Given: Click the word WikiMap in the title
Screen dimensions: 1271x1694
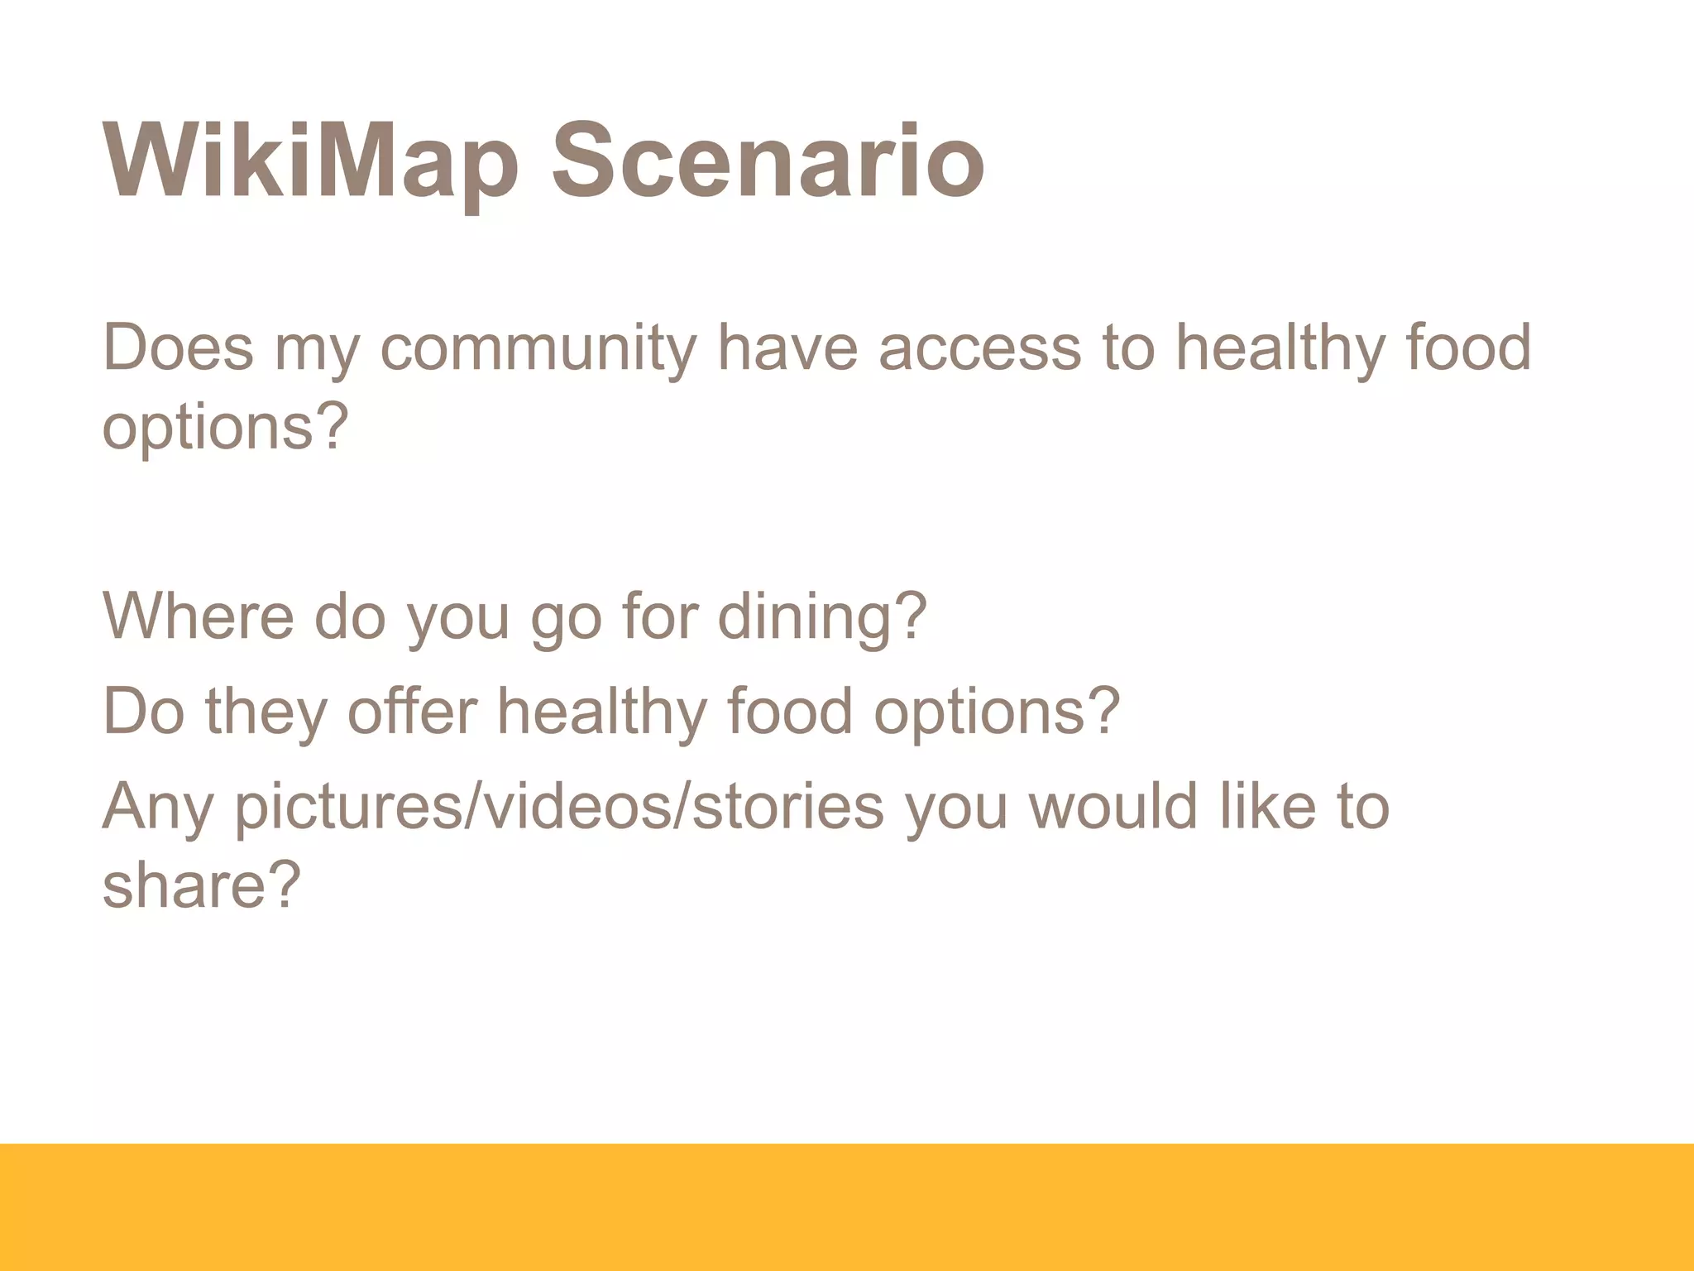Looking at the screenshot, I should point(311,161).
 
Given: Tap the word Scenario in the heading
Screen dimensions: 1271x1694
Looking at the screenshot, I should point(768,161).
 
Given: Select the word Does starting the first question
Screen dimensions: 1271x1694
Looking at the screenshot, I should point(178,348).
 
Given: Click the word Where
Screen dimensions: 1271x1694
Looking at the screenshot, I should point(199,616).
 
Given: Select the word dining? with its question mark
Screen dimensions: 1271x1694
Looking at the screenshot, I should point(822,617).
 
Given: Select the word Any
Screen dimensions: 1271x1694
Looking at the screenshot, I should point(158,807).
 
